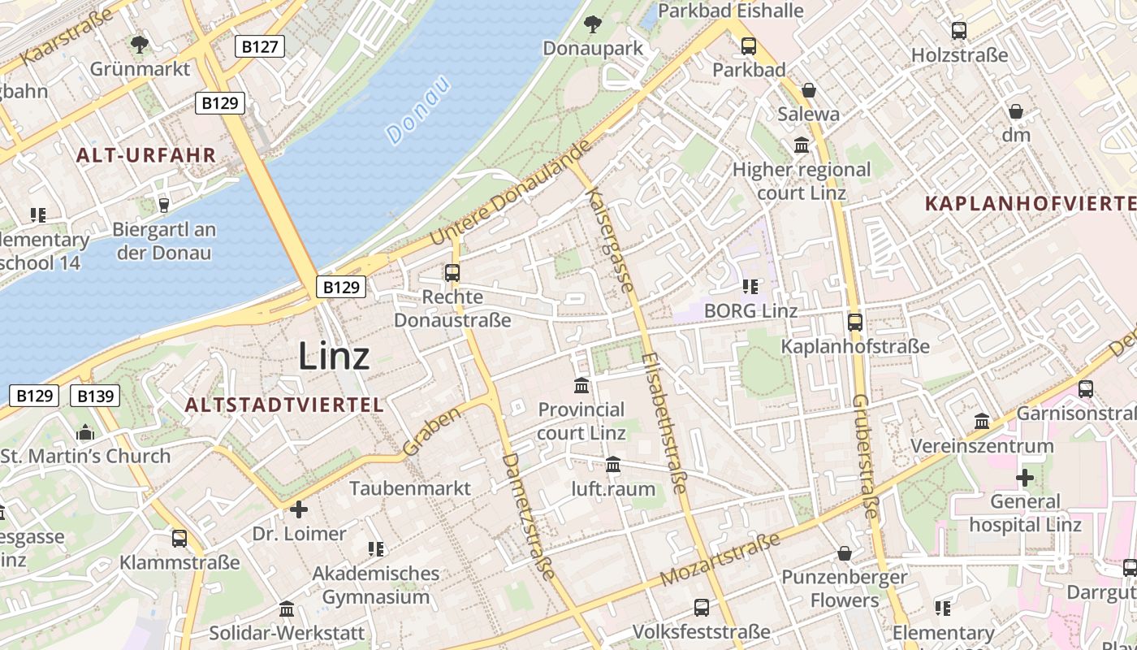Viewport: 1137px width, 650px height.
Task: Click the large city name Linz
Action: (x=334, y=356)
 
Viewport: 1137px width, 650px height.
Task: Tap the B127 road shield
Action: (x=260, y=46)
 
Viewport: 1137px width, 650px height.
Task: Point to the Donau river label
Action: (x=418, y=110)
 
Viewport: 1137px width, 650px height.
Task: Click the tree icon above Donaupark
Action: (x=593, y=24)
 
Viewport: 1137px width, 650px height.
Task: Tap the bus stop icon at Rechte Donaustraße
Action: (x=452, y=273)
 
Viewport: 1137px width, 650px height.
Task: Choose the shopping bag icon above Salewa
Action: (x=809, y=90)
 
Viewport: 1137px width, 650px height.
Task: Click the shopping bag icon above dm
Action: (x=1015, y=111)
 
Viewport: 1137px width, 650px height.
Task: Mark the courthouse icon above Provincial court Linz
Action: (x=581, y=385)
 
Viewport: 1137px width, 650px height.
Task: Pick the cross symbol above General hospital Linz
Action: (x=1025, y=478)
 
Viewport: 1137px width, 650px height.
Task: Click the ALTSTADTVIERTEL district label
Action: (x=283, y=405)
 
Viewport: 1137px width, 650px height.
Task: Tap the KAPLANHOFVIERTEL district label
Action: (x=1030, y=203)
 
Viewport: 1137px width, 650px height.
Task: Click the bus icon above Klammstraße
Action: (x=179, y=538)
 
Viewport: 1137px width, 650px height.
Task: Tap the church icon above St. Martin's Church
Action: (x=85, y=432)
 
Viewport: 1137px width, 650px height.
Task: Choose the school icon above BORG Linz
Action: (x=750, y=286)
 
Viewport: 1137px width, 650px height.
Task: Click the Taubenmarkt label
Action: (x=410, y=487)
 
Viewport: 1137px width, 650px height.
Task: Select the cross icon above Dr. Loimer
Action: (x=299, y=509)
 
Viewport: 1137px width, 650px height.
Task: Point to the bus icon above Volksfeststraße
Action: (x=701, y=607)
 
